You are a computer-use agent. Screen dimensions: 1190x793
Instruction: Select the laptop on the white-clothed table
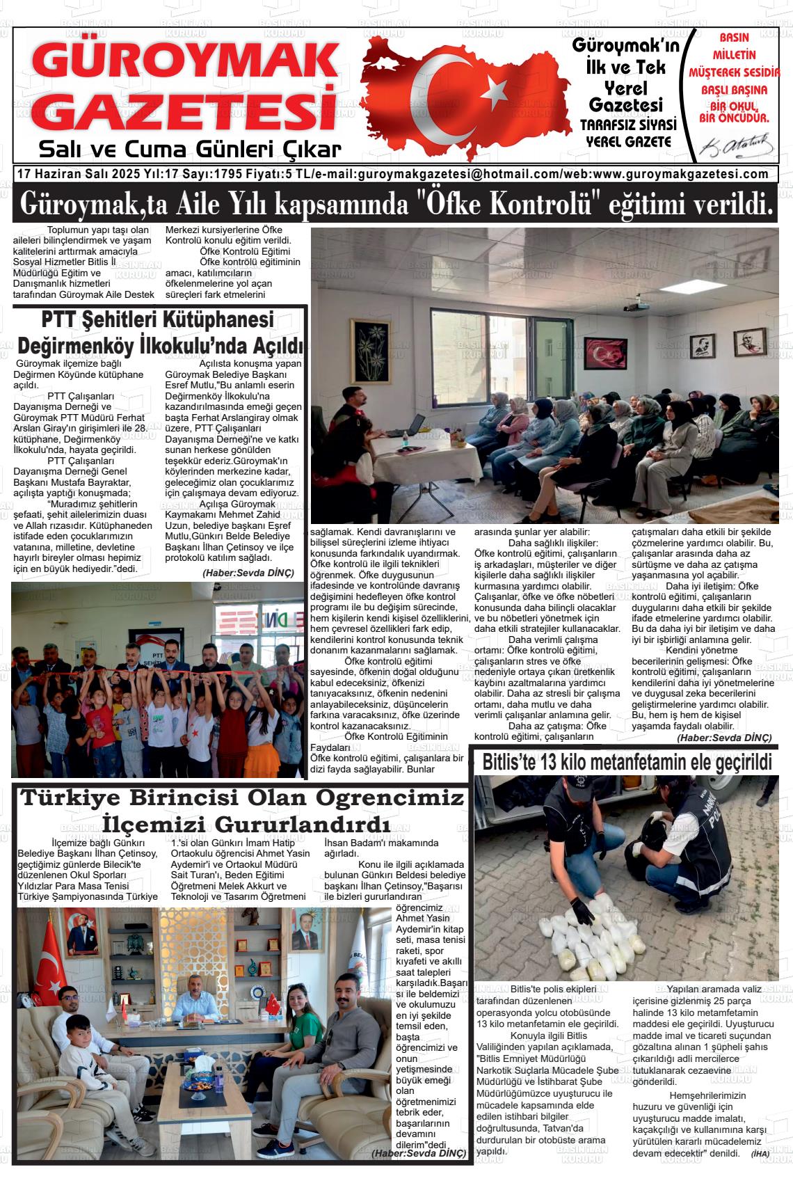(x=412, y=423)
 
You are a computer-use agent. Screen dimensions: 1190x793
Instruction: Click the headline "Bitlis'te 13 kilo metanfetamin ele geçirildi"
(x=627, y=763)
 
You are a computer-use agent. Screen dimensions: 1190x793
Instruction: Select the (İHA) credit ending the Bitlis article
(x=760, y=1154)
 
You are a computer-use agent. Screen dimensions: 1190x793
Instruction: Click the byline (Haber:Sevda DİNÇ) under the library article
(x=248, y=573)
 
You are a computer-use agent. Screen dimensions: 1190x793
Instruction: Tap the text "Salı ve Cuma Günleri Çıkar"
(x=190, y=149)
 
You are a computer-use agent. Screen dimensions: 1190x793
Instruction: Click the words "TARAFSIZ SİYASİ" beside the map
(x=627, y=125)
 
